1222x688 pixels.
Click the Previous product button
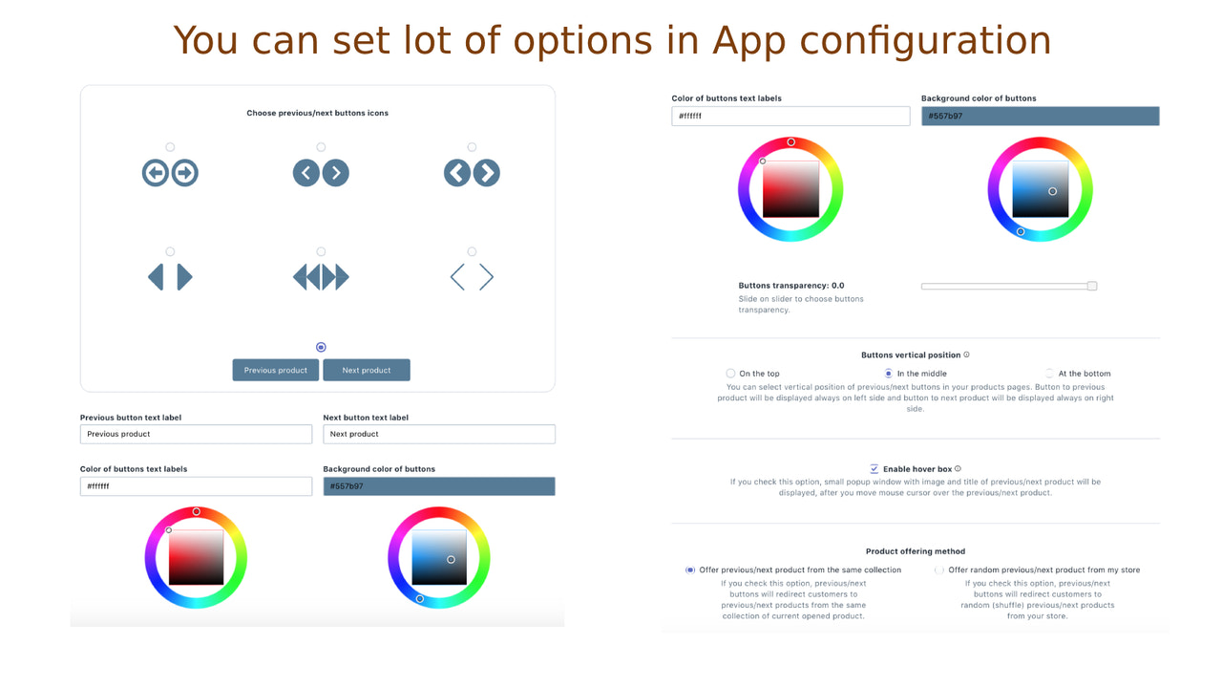[x=276, y=370]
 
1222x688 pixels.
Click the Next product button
[x=367, y=370]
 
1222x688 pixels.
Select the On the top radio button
[x=730, y=374]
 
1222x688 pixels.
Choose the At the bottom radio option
[x=1050, y=374]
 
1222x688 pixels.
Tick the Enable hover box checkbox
[x=874, y=469]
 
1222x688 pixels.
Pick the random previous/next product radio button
[x=939, y=570]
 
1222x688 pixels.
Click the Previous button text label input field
[x=196, y=434]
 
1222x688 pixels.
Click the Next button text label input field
[x=439, y=434]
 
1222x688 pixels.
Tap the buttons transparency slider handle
[x=1092, y=286]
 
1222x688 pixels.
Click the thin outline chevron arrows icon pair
[x=472, y=277]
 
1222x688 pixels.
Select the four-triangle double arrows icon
[x=321, y=277]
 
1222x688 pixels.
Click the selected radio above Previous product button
[x=321, y=347]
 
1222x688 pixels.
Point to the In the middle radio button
[x=889, y=374]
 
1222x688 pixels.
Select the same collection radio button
[x=690, y=570]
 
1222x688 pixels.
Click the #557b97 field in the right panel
[x=1040, y=117]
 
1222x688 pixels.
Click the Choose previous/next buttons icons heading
[x=317, y=113]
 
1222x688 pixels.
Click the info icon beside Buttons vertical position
[x=966, y=355]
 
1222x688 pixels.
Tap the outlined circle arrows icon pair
[x=170, y=173]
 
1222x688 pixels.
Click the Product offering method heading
[x=915, y=551]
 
